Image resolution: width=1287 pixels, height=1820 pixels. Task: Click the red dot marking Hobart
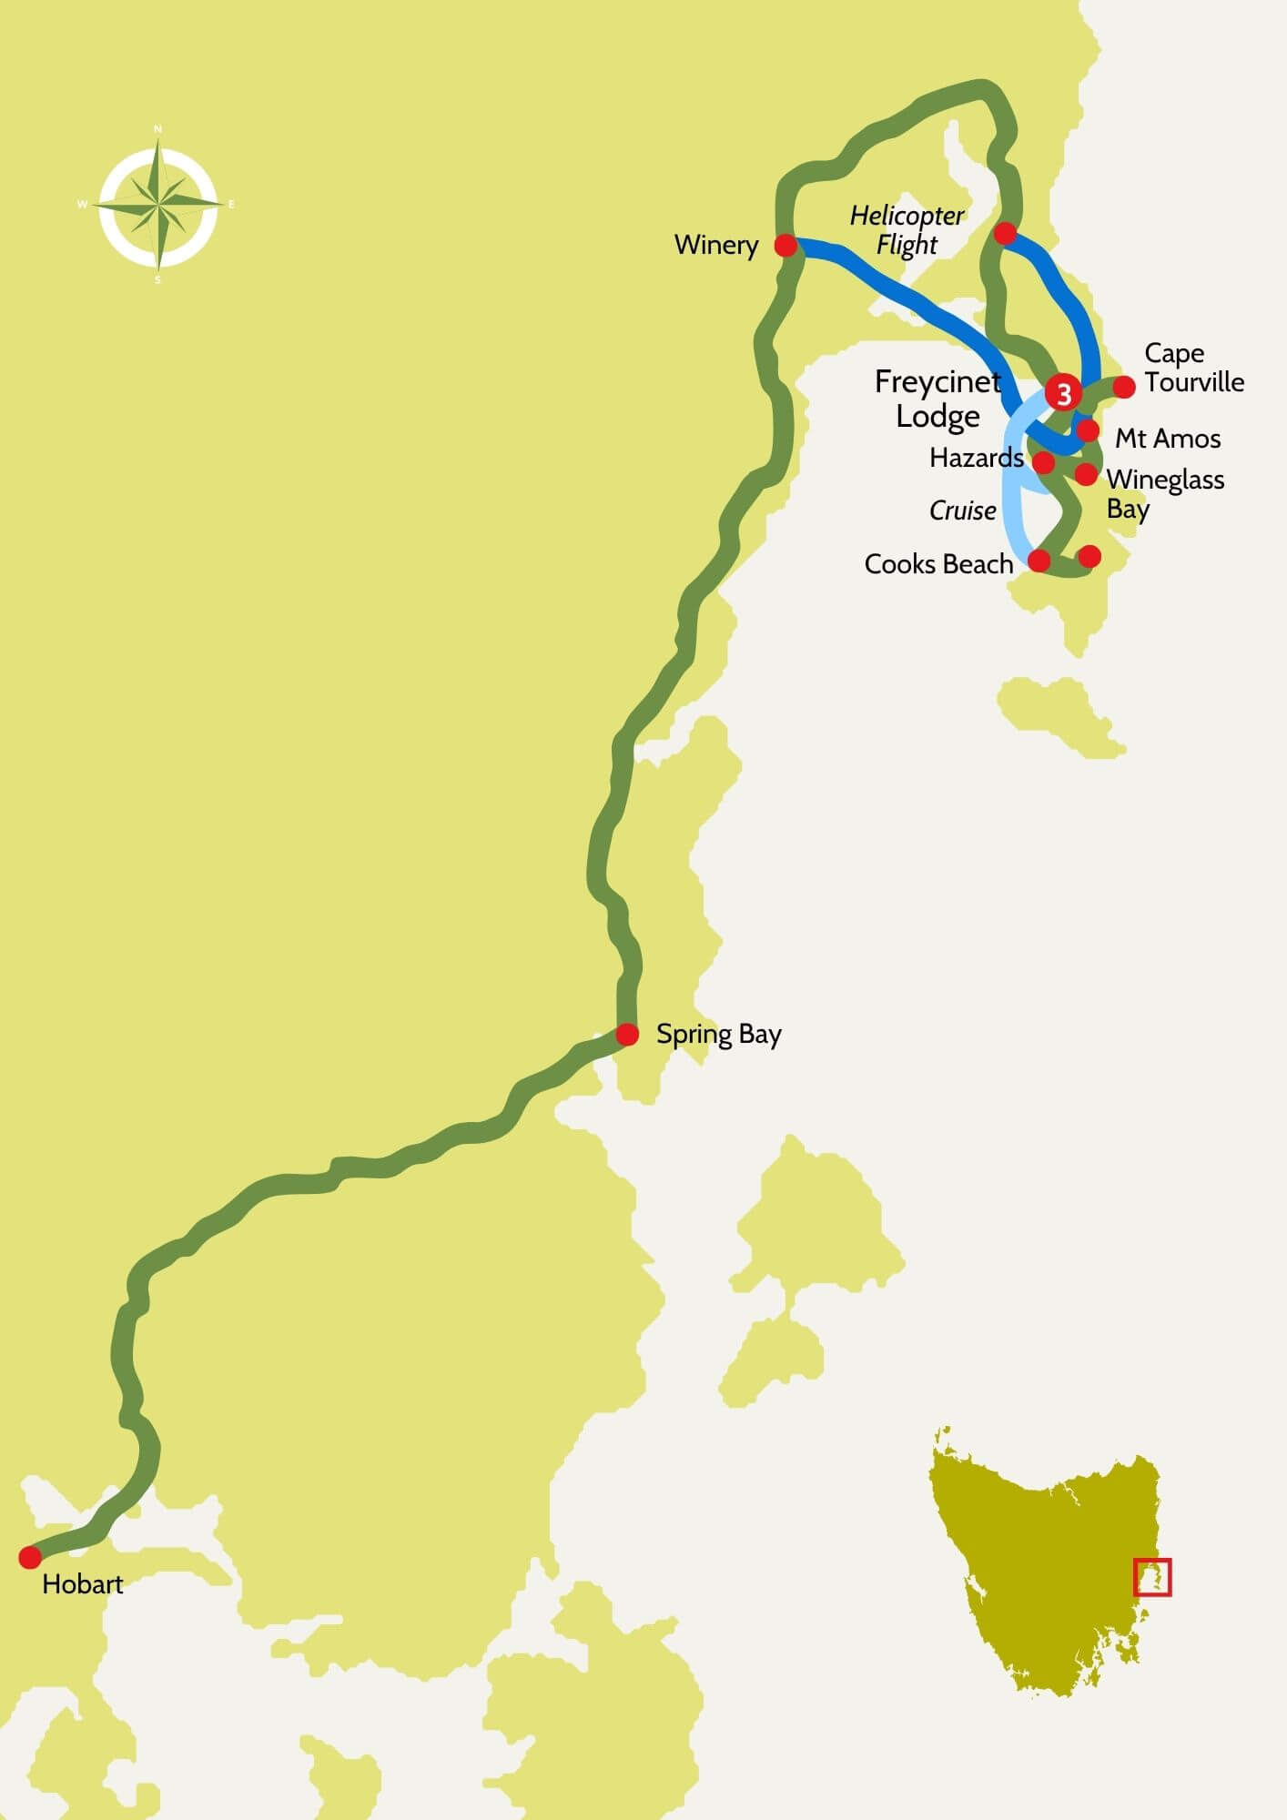click(x=30, y=1557)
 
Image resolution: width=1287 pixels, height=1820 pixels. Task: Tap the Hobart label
click(x=83, y=1584)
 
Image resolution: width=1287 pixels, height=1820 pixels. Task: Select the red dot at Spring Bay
click(x=627, y=1035)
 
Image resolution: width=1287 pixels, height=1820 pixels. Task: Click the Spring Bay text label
click(x=718, y=1035)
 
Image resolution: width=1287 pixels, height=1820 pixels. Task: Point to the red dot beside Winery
click(x=785, y=246)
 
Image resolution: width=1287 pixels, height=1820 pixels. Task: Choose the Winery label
click(x=716, y=246)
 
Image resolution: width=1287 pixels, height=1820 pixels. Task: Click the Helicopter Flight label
click(x=907, y=230)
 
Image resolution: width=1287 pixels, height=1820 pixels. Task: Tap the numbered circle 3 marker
click(x=1063, y=394)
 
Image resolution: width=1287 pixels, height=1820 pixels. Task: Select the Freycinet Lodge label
click(x=937, y=399)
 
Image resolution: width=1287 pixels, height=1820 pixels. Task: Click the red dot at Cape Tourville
click(x=1124, y=387)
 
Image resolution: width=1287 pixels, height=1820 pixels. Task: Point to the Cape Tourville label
click(x=1193, y=368)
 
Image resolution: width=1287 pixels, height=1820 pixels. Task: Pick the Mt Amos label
click(x=1168, y=439)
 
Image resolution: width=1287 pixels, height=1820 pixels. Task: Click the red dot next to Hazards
click(x=1044, y=462)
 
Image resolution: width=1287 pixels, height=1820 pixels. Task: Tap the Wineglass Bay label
click(x=1164, y=493)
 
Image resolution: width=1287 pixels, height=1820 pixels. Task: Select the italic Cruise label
click(x=962, y=511)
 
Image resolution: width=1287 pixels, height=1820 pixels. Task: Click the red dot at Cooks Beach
click(x=1039, y=560)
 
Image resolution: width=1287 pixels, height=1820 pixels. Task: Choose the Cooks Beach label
click(x=938, y=565)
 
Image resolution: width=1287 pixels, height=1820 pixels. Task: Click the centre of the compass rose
click(x=159, y=204)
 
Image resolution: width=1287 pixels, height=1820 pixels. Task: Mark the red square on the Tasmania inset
click(x=1152, y=1577)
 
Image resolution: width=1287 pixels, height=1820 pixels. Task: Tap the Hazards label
click(x=976, y=458)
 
